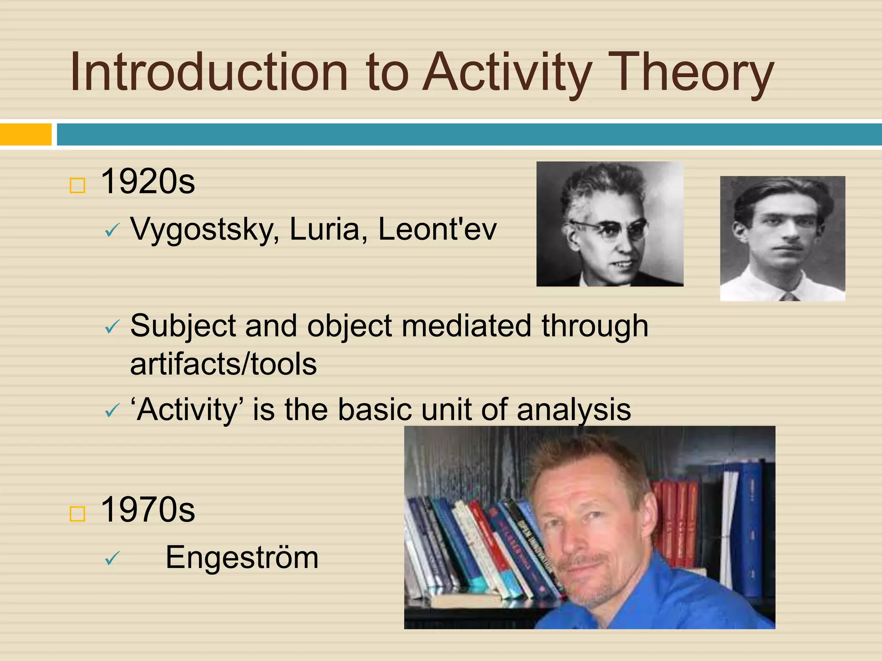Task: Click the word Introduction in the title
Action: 209,72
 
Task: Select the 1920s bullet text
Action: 148,182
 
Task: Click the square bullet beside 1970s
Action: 78,514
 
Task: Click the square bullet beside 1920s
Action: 78,186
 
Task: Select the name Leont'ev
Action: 437,229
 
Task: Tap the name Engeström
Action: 242,558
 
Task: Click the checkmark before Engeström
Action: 112,559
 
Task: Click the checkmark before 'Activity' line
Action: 112,411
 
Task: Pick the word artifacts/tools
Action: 223,364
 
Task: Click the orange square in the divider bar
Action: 26,134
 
